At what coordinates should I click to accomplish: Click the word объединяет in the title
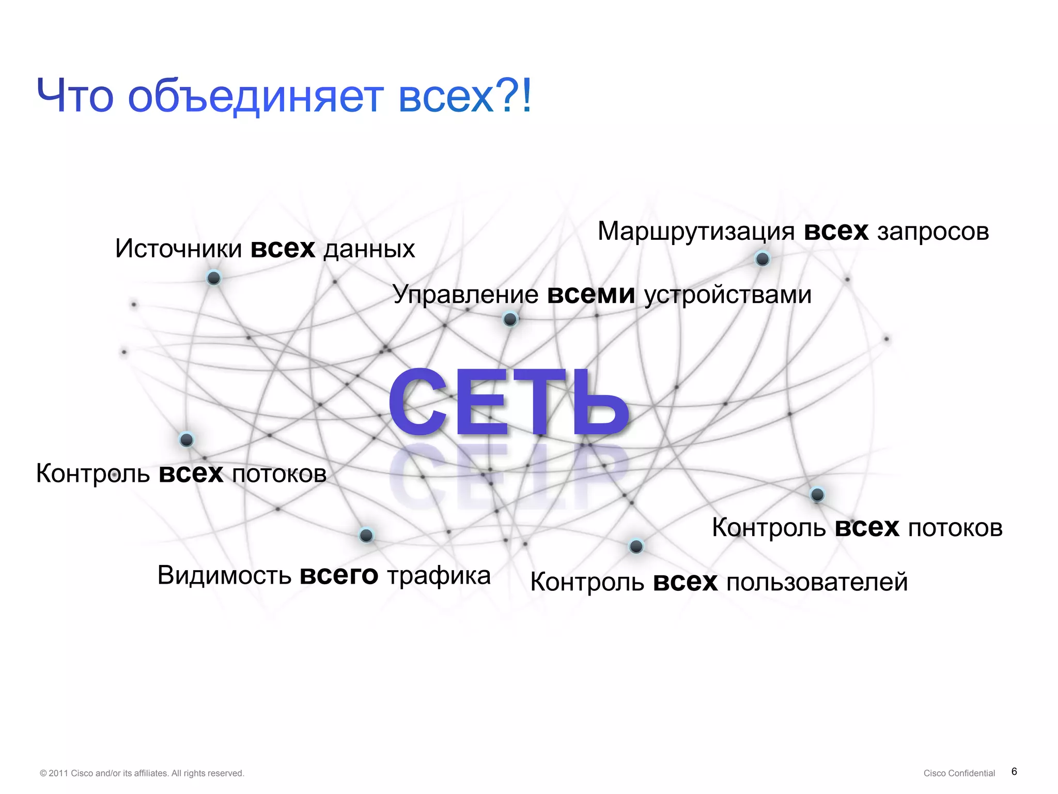tap(256, 97)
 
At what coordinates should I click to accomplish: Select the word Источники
tap(178, 249)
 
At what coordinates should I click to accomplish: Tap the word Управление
tap(465, 295)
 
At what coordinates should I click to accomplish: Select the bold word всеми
tap(591, 295)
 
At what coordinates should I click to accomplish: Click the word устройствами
tap(728, 295)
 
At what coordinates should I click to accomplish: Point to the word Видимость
tap(224, 575)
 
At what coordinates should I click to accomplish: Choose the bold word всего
tap(339, 575)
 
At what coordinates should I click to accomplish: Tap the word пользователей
tap(817, 583)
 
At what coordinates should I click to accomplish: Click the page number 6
tap(1014, 772)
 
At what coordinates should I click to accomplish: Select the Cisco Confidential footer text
tap(959, 773)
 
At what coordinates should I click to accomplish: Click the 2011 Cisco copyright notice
tap(142, 773)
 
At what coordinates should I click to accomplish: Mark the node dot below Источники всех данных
tap(214, 278)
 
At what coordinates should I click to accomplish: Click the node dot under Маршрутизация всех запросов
tap(763, 258)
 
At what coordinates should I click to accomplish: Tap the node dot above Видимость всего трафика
tap(366, 535)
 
